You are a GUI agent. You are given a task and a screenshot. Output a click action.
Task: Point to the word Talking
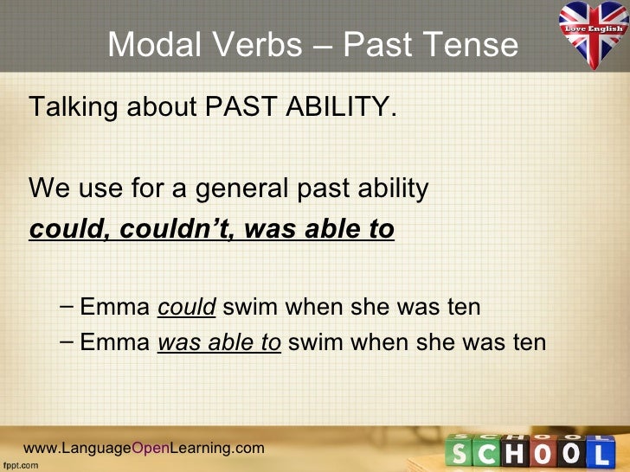tap(74, 109)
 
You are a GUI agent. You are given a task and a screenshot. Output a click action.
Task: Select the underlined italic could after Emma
tap(186, 307)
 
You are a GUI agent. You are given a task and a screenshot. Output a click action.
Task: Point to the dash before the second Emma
tap(68, 342)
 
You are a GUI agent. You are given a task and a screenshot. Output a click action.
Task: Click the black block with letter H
tap(517, 451)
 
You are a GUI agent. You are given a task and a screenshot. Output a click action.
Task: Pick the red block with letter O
tap(571, 452)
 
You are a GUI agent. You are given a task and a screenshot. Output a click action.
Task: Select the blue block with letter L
tap(599, 451)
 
